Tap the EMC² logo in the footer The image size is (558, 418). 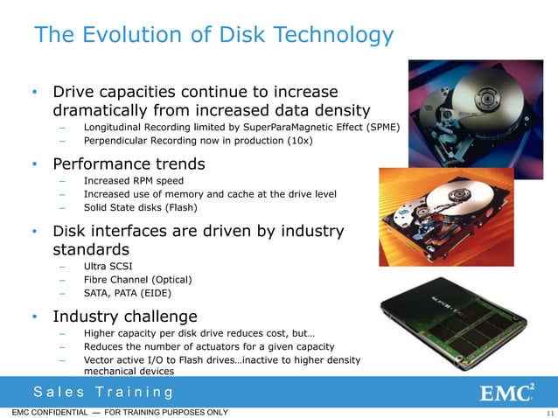tap(507, 391)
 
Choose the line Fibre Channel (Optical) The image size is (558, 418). tap(137, 279)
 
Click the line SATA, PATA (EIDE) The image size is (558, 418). tap(130, 294)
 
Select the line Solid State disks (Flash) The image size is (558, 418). tap(140, 207)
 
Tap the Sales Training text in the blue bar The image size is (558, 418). tap(102, 391)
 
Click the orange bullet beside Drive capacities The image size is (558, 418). tap(33, 93)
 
